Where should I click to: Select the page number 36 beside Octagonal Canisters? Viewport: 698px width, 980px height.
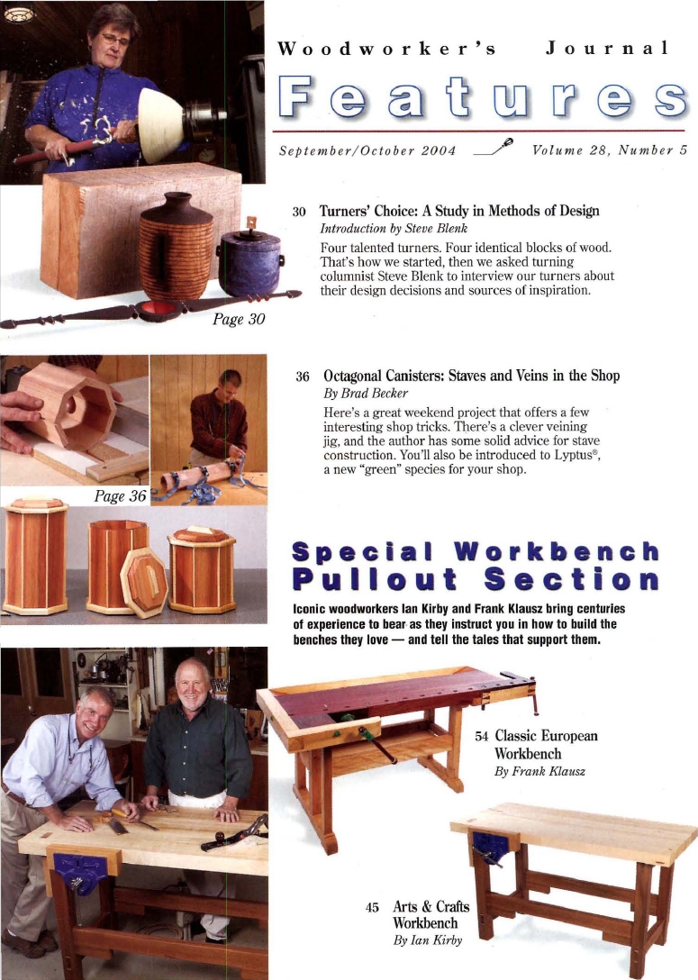tap(302, 377)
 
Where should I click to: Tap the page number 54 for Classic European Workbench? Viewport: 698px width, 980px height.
tap(482, 736)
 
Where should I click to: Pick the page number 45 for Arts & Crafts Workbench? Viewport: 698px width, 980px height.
tap(372, 907)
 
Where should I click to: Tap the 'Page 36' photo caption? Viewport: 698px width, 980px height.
tap(120, 495)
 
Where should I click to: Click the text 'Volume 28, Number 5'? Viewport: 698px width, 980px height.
tap(610, 150)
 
